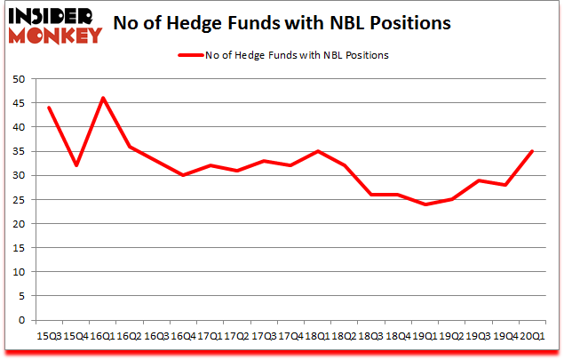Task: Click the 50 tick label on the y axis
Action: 18,79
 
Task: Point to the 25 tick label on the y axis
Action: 18,199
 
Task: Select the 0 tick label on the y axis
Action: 21,320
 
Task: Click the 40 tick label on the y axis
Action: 18,127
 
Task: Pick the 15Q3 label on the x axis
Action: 49,336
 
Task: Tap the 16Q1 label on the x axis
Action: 104,336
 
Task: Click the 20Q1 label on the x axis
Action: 532,336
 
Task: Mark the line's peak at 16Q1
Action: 104,98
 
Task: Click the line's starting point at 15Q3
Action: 49,108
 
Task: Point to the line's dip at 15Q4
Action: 76,165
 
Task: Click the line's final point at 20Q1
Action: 532,151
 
